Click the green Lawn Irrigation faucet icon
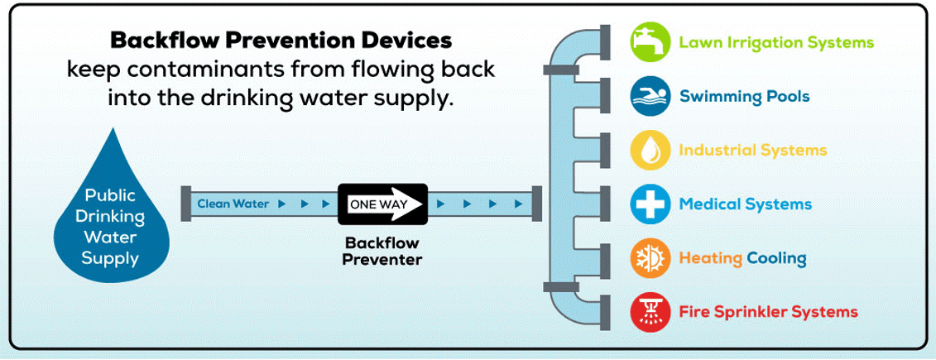pyautogui.click(x=650, y=41)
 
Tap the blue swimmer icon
pyautogui.click(x=650, y=96)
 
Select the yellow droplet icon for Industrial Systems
pyautogui.click(x=650, y=150)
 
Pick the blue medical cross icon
pyautogui.click(x=650, y=204)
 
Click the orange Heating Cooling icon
pyautogui.click(x=650, y=259)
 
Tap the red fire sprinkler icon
pyautogui.click(x=650, y=312)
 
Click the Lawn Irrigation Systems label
pyautogui.click(x=775, y=42)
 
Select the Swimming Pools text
pyautogui.click(x=744, y=97)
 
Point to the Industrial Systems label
pyautogui.click(x=752, y=151)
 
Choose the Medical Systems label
pyautogui.click(x=745, y=204)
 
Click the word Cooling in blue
pyautogui.click(x=776, y=259)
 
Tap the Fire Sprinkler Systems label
pyautogui.click(x=768, y=313)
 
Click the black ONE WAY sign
pyautogui.click(x=382, y=204)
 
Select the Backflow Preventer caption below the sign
pyautogui.click(x=383, y=251)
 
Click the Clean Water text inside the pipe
pyautogui.click(x=233, y=204)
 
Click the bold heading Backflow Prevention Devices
pyautogui.click(x=281, y=40)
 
